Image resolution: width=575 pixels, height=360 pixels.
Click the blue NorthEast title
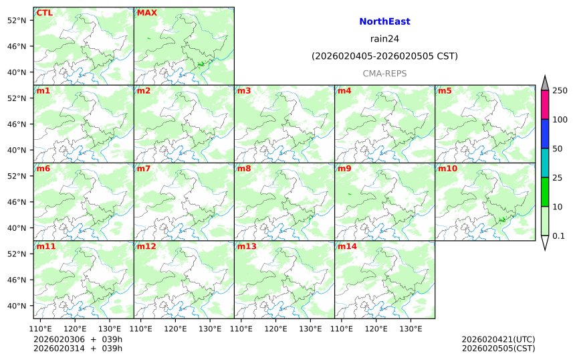point(384,21)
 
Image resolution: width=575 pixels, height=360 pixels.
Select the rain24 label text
point(384,39)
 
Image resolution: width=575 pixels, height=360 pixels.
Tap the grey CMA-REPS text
point(384,73)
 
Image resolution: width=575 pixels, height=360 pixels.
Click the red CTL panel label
point(44,13)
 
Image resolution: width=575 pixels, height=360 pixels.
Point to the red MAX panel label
point(146,13)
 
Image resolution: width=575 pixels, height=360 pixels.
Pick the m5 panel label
point(445,91)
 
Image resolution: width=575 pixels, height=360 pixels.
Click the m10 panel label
point(447,169)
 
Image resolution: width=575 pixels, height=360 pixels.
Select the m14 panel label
point(347,247)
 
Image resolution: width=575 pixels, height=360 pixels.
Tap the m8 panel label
point(244,169)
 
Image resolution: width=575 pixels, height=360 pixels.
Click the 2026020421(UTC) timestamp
point(498,340)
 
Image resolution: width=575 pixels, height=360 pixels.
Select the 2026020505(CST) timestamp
point(498,349)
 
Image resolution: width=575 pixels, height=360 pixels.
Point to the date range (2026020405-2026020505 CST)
point(384,56)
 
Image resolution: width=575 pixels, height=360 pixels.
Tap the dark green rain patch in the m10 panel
point(502,219)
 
